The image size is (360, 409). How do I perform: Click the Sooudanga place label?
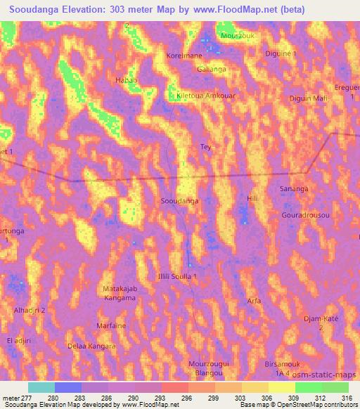pyautogui.click(x=179, y=201)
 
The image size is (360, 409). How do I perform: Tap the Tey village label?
pyautogui.click(x=206, y=147)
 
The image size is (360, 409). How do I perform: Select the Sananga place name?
pyautogui.click(x=294, y=189)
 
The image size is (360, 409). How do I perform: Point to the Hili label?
pyautogui.click(x=253, y=200)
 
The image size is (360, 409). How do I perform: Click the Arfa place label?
pyautogui.click(x=255, y=301)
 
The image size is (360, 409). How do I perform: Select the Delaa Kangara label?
pyautogui.click(x=91, y=346)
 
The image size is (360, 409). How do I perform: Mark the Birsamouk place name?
pyautogui.click(x=301, y=365)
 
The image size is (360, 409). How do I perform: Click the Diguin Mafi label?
pyautogui.click(x=309, y=99)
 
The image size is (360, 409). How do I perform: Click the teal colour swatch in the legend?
pyautogui.click(x=41, y=387)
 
